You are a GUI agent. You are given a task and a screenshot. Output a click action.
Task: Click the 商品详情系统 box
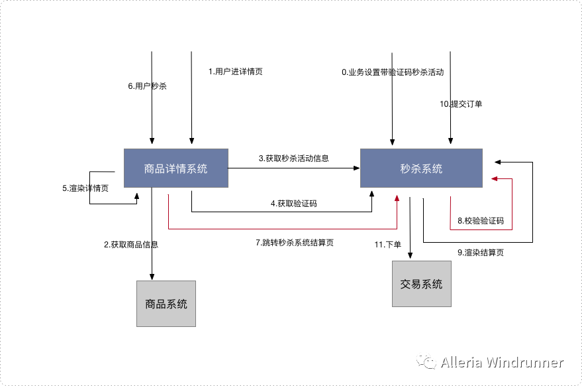tap(176, 168)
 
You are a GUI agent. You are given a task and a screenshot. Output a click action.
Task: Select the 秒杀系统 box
tap(421, 168)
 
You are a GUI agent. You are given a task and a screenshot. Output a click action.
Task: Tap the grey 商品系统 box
tap(166, 304)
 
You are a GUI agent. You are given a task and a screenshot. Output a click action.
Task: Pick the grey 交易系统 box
tap(421, 284)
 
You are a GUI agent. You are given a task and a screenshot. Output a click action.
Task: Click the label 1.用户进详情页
tap(235, 72)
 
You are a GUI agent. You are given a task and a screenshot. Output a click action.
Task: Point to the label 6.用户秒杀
tap(147, 86)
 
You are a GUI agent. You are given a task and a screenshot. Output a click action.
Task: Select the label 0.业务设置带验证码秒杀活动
tap(393, 72)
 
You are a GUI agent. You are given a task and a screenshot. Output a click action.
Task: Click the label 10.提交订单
tap(461, 104)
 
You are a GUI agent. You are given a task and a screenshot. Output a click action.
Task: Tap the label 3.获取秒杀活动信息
tap(294, 159)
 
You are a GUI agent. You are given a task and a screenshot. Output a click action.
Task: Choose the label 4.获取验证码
tap(293, 204)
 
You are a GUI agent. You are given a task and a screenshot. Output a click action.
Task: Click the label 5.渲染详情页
tap(85, 188)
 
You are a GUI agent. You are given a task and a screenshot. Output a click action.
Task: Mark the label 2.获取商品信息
tap(131, 244)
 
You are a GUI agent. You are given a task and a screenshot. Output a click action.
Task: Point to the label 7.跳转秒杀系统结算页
tap(295, 243)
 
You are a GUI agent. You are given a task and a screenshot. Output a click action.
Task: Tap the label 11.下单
tap(388, 245)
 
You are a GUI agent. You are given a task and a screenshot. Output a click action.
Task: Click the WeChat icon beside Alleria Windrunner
tap(426, 362)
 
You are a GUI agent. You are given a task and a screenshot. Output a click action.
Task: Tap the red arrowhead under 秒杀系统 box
tap(397, 198)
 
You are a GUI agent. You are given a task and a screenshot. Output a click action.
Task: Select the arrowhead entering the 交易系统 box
tap(411, 256)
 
